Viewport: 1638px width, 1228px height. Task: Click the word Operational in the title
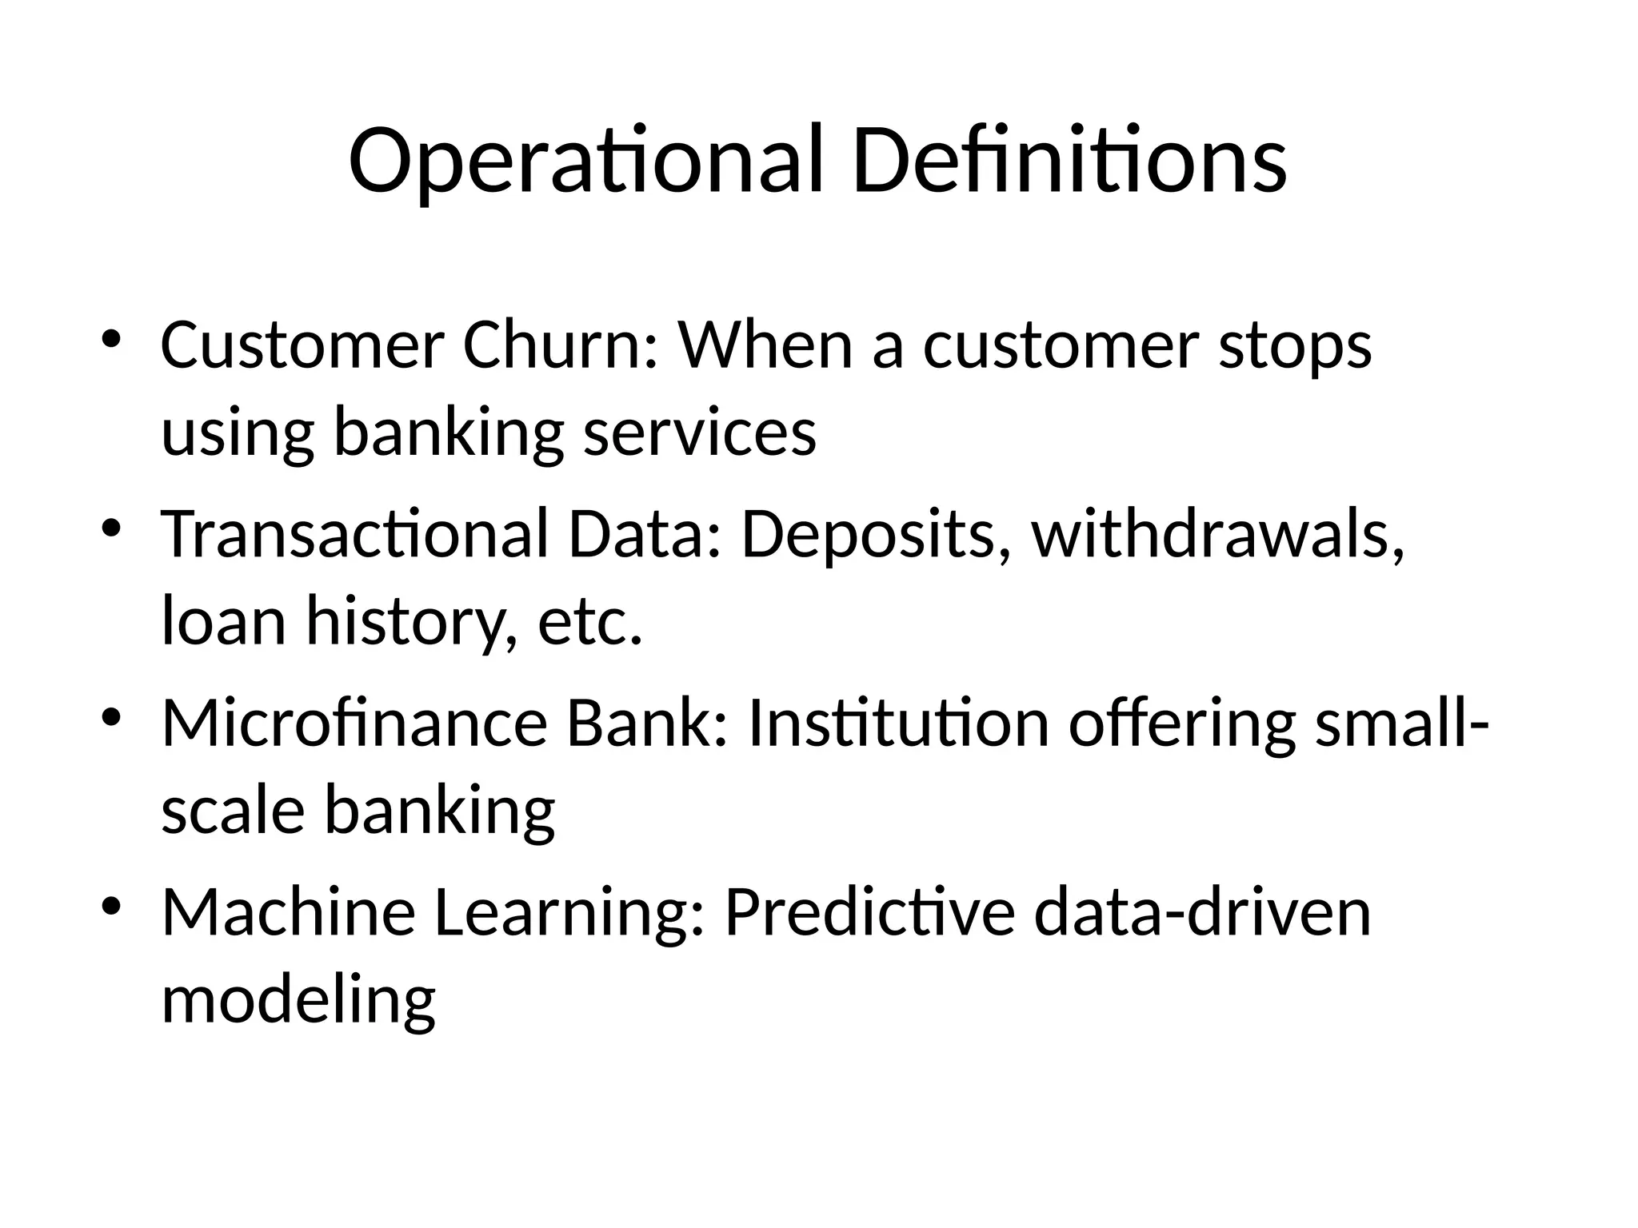tap(585, 161)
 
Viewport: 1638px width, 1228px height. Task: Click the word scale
tap(233, 811)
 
